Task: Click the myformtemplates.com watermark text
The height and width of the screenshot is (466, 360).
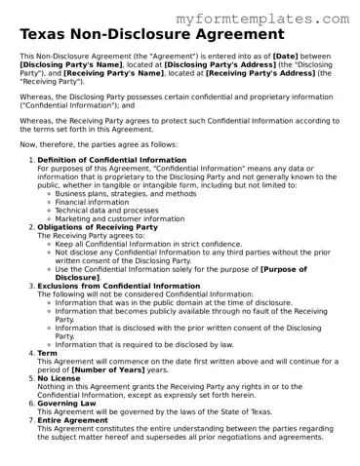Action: coord(263,19)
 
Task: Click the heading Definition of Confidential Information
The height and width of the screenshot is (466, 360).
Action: coord(112,158)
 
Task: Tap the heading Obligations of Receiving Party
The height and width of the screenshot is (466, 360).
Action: coord(100,227)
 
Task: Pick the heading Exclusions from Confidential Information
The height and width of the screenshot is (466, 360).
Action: coord(118,286)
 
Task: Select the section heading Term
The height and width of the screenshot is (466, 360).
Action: coord(47,353)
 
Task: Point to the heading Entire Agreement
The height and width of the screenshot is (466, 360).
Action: coord(72,420)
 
